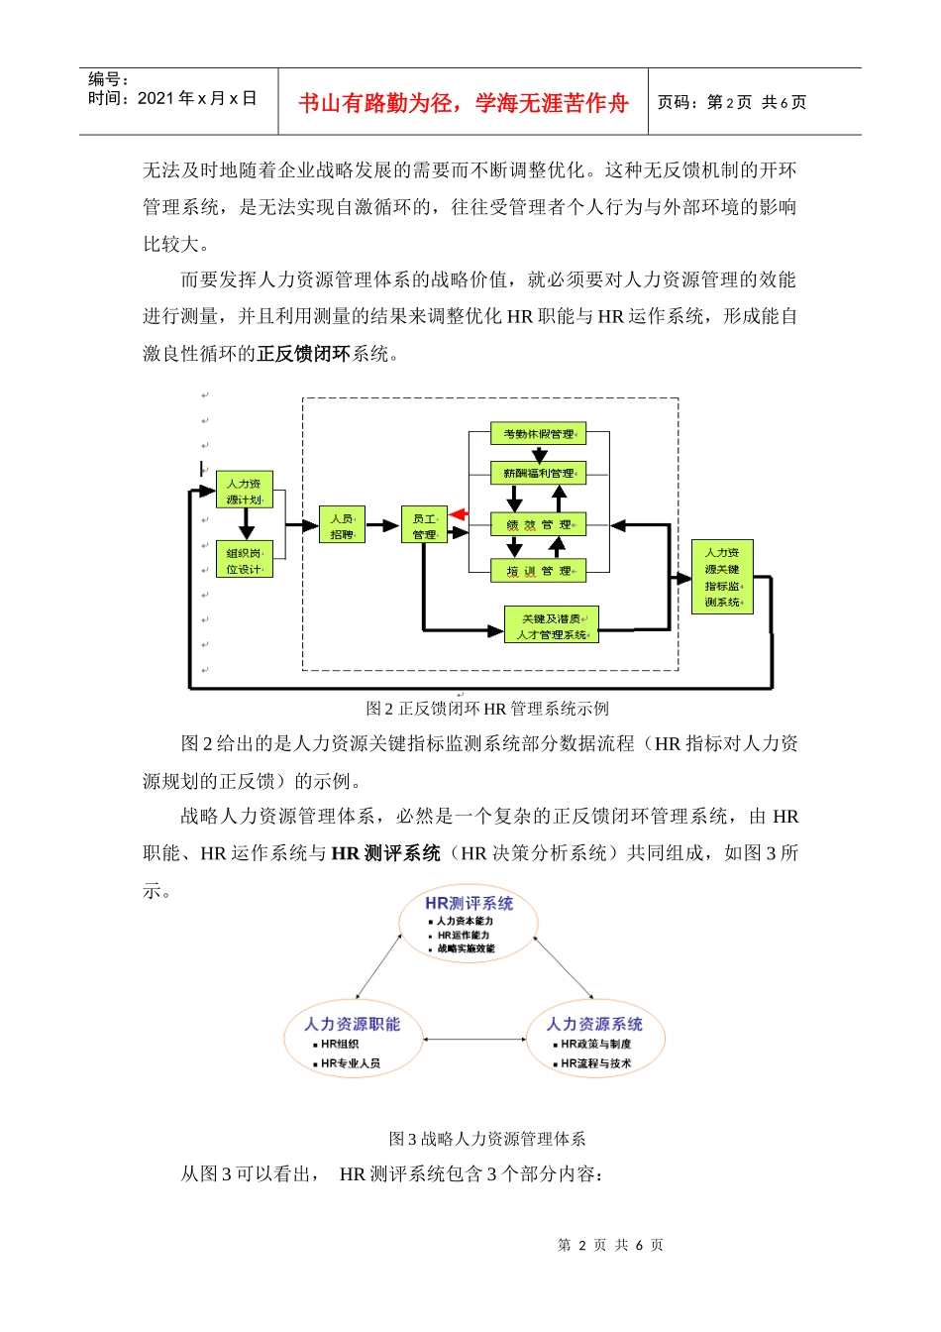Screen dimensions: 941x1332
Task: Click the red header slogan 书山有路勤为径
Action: point(463,103)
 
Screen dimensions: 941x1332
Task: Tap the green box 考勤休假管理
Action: point(538,434)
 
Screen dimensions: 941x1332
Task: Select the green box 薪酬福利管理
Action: point(538,474)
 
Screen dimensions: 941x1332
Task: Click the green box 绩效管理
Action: point(538,524)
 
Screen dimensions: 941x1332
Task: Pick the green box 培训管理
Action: point(538,571)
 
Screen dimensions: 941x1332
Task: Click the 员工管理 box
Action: point(424,526)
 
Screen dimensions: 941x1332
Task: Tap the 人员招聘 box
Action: point(342,526)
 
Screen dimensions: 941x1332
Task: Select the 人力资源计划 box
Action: point(244,491)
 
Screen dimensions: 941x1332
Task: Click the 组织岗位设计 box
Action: point(244,560)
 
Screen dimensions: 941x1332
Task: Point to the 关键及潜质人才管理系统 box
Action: point(552,625)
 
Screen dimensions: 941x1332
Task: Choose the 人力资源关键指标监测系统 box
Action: point(722,577)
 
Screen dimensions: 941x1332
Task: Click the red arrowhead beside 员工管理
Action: point(458,514)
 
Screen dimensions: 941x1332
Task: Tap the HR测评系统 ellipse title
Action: point(469,903)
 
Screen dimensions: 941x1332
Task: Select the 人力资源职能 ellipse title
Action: point(352,1024)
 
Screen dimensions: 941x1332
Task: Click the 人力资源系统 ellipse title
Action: point(594,1024)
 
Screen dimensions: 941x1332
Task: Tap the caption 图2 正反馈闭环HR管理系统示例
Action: point(487,709)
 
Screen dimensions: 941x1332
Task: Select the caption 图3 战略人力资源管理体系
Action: point(487,1139)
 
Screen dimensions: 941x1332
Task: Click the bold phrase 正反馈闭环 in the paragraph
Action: point(303,354)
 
